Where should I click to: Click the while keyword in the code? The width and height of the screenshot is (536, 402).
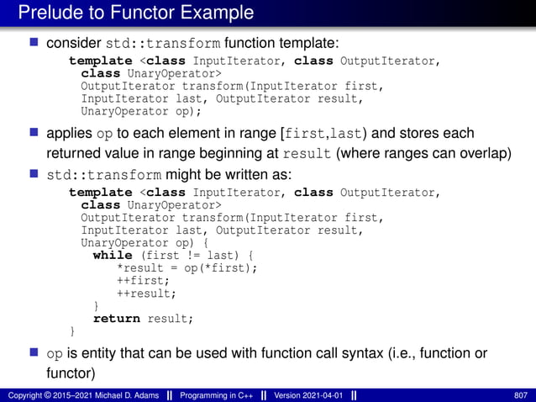[112, 256]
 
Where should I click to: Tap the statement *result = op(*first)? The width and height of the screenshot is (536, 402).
[187, 268]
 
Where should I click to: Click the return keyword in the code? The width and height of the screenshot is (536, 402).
[117, 319]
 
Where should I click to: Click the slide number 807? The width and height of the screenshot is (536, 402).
[519, 394]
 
